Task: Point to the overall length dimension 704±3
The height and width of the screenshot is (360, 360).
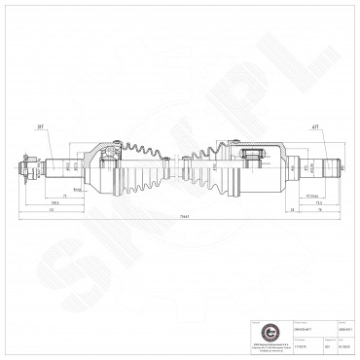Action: [180, 216]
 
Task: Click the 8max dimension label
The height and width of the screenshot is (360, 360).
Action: [76, 192]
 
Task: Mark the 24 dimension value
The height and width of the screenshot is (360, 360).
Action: [291, 209]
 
